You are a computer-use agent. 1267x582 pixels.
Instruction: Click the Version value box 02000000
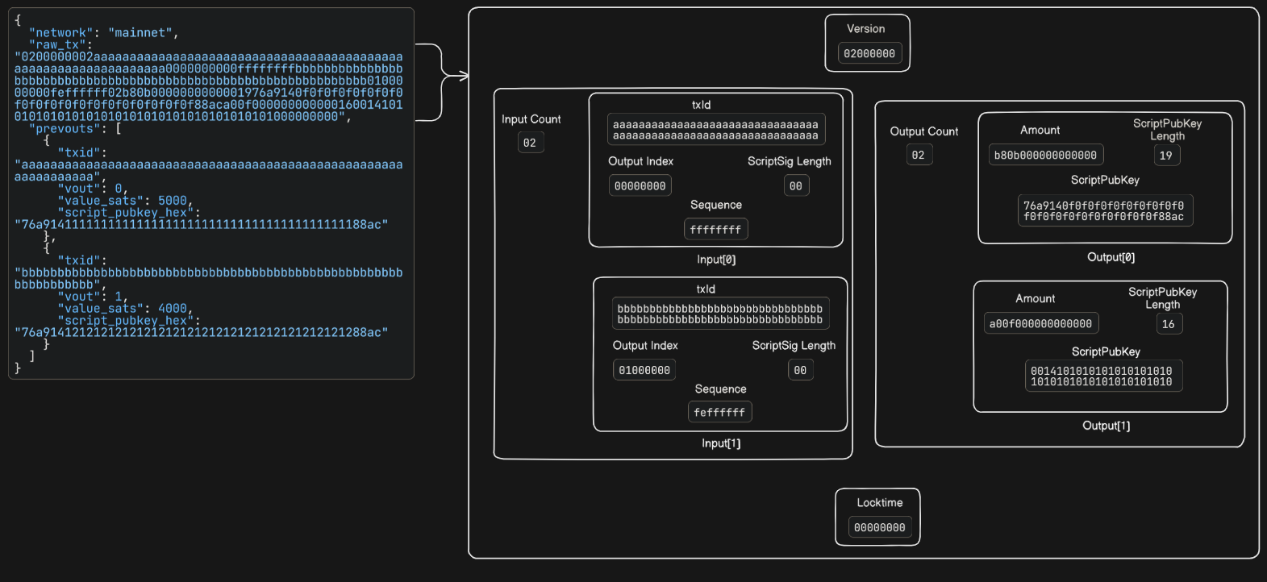coord(869,54)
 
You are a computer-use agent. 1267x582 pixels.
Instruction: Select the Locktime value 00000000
coord(879,528)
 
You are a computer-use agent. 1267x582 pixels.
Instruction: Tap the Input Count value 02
coord(530,143)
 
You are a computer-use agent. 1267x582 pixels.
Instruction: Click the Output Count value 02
coord(919,155)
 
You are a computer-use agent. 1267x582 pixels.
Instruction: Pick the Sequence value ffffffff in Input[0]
coord(715,230)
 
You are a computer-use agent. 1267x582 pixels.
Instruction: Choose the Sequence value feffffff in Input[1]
coord(719,413)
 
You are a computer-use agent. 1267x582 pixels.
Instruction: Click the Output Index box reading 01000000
coord(644,371)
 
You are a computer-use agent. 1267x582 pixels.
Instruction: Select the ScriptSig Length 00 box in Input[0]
coord(796,186)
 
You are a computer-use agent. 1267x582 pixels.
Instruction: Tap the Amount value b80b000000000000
coord(1045,156)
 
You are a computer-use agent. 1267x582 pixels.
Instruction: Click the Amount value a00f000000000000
coord(1040,324)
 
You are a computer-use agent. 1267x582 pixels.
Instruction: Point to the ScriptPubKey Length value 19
coord(1165,156)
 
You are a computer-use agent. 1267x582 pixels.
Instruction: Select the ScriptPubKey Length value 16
coord(1168,324)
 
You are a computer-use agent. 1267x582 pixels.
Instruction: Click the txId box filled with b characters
coord(719,314)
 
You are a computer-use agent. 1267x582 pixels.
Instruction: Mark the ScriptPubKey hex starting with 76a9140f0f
coord(1104,211)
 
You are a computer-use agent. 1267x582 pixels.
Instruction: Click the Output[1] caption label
coord(1106,426)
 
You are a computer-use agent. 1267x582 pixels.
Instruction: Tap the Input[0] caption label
coord(716,260)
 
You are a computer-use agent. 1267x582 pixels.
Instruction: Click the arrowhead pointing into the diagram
coord(465,76)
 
